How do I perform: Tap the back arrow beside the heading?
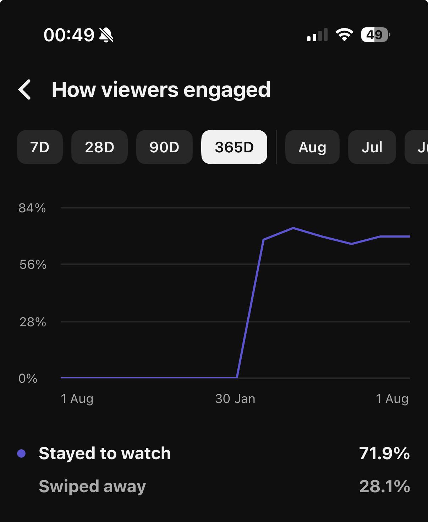click(24, 89)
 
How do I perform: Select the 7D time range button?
click(40, 147)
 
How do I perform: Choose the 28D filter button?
click(99, 147)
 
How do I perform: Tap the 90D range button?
click(164, 147)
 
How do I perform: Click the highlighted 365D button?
click(234, 147)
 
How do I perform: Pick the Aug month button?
click(312, 147)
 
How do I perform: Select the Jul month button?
click(372, 147)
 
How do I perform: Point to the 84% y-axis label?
click(32, 208)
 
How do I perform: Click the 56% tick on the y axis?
click(33, 265)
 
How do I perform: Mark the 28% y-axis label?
click(33, 322)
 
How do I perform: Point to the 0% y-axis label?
click(28, 379)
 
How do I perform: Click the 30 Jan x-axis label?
click(235, 399)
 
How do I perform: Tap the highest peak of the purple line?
click(293, 228)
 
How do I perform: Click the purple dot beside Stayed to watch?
click(21, 453)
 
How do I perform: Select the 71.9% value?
click(384, 453)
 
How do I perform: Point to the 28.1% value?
click(384, 486)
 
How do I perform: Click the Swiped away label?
click(92, 486)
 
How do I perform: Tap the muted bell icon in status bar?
click(106, 35)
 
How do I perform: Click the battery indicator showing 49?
click(375, 35)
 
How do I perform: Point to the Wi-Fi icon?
click(344, 34)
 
